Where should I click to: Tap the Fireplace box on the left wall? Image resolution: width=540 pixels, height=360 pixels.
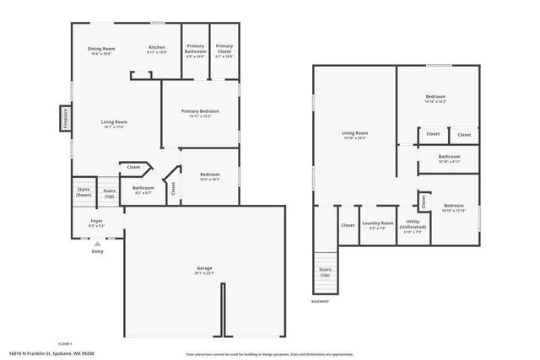(63, 117)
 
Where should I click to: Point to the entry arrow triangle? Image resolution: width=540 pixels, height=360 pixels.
(97, 244)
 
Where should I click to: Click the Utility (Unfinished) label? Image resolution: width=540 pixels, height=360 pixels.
(413, 224)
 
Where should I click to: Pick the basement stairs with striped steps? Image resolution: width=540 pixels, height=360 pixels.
(325, 269)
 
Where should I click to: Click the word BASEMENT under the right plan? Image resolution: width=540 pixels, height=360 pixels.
(321, 301)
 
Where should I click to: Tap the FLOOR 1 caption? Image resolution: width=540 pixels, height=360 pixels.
(65, 344)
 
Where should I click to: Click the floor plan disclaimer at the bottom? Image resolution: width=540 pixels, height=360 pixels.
(269, 354)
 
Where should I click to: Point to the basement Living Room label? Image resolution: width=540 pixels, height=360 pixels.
(354, 135)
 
